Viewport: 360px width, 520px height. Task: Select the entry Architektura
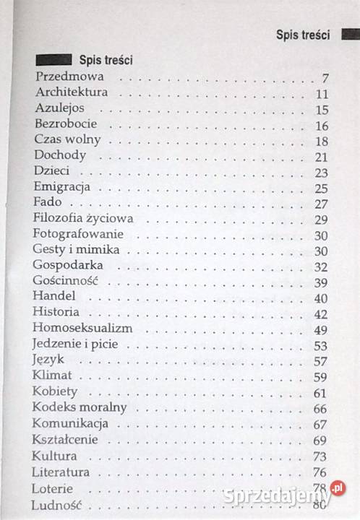tap(71, 92)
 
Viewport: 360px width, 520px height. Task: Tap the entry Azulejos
tap(59, 108)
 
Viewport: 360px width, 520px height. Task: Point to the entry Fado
tap(48, 203)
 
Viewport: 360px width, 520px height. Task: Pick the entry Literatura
tap(61, 472)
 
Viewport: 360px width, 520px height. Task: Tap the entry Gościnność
tap(65, 282)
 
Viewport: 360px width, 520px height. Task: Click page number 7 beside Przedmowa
tap(326, 78)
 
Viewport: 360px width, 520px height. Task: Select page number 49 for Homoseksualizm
tap(322, 330)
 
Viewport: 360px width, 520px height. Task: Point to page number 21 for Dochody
tap(322, 157)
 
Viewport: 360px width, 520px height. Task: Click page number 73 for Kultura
tap(322, 456)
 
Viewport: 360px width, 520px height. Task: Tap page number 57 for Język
tap(322, 361)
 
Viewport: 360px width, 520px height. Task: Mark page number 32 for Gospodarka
tap(322, 266)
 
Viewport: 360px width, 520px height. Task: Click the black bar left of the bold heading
tap(53, 59)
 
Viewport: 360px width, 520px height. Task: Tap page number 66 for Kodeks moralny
tap(322, 409)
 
